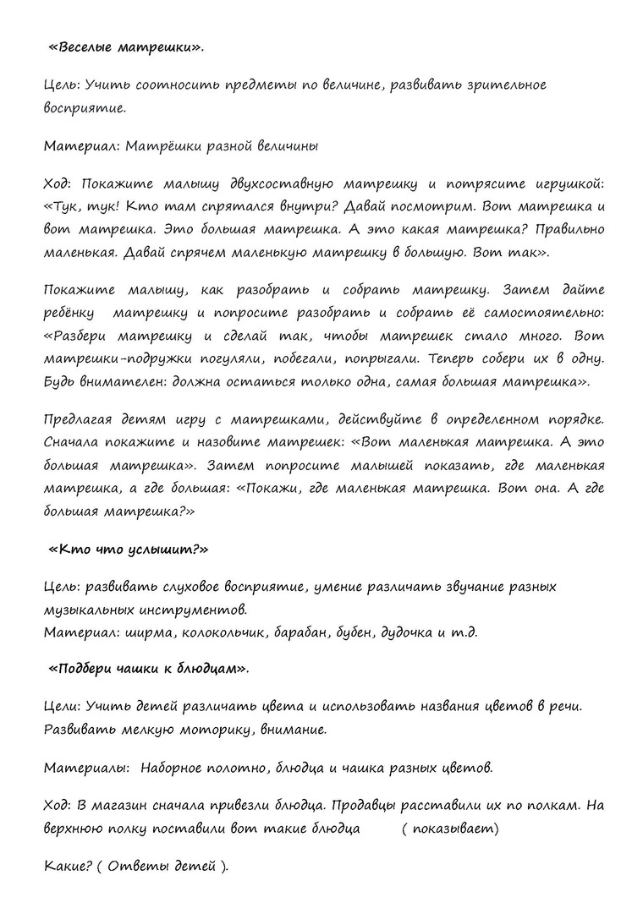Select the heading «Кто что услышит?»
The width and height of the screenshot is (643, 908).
pos(129,549)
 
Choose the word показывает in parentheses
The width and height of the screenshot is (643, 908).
pos(450,829)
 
